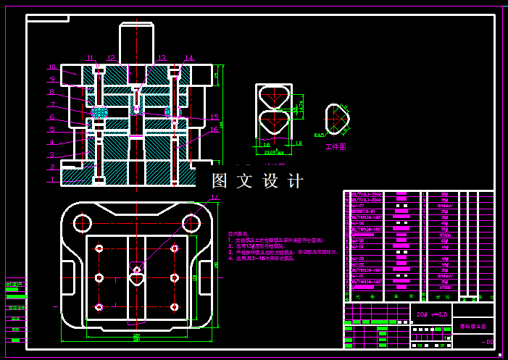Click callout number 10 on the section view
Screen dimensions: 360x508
pos(52,67)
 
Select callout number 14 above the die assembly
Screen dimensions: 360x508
pos(189,57)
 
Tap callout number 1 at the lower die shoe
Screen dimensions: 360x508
pos(52,179)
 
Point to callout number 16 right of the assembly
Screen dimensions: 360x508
pos(215,130)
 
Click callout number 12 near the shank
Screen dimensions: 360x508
pos(110,57)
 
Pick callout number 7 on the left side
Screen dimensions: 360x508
pos(52,104)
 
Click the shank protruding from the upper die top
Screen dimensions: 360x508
pos(137,43)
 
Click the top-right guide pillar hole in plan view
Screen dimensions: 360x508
pos(191,222)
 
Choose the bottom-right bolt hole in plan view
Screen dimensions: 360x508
pos(174,306)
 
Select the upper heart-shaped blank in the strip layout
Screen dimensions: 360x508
pos(273,96)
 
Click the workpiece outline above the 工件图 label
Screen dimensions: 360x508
pos(336,117)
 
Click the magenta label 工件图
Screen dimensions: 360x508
pos(336,147)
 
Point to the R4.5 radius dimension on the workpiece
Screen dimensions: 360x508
pos(319,135)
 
